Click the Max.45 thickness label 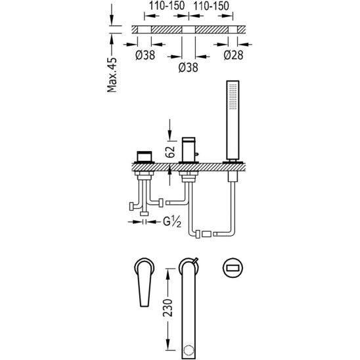(x=112, y=75)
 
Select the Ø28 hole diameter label (x=233, y=55)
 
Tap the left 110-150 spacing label (x=167, y=6)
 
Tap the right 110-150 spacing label (x=212, y=6)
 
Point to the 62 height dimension (x=170, y=152)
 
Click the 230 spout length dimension (x=168, y=308)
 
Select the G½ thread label (x=172, y=222)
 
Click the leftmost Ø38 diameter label (x=145, y=55)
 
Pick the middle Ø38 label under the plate (x=189, y=68)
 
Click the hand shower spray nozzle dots (x=233, y=97)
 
